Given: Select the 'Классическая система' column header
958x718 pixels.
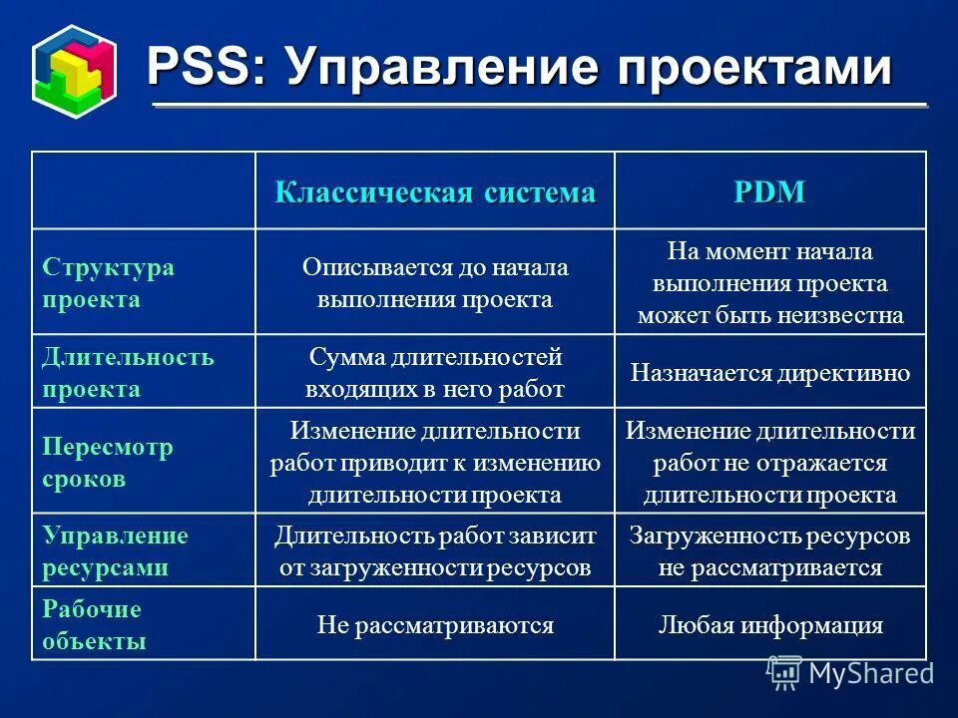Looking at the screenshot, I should point(435,192).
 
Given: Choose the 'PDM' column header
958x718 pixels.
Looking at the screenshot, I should point(769,192).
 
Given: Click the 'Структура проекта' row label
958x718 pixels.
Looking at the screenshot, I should point(108,283).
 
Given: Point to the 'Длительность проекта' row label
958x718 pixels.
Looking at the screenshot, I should point(128,373).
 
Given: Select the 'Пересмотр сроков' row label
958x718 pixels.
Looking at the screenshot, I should point(108,463).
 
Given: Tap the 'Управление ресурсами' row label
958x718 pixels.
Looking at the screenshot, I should point(115,551).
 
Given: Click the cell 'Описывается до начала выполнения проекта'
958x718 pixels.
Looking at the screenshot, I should point(435,283).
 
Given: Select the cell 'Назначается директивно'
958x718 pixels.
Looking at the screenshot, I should point(770,374).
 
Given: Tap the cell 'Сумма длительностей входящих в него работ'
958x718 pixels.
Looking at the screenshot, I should point(435,373).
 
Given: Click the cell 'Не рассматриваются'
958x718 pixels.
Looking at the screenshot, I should point(435,625).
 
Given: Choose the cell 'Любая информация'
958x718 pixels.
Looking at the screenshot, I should point(770,625).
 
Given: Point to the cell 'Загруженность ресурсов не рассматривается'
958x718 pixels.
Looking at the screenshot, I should point(770,551).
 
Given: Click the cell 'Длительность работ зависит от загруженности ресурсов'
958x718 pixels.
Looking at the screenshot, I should point(435,551).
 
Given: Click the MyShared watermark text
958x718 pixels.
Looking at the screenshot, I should point(870,673).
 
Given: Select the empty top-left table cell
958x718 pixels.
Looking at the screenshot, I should point(144,190).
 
